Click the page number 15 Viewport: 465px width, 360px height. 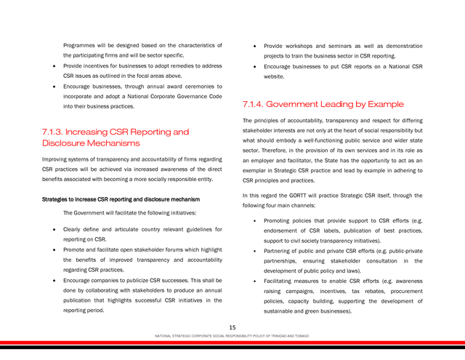232,327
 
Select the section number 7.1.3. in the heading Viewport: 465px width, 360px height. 53,132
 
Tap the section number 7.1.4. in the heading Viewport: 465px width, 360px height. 254,104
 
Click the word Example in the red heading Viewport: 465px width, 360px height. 386,104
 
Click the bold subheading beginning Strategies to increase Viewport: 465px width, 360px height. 121,199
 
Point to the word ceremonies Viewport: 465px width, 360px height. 193,86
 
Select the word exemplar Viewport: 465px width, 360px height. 256,170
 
